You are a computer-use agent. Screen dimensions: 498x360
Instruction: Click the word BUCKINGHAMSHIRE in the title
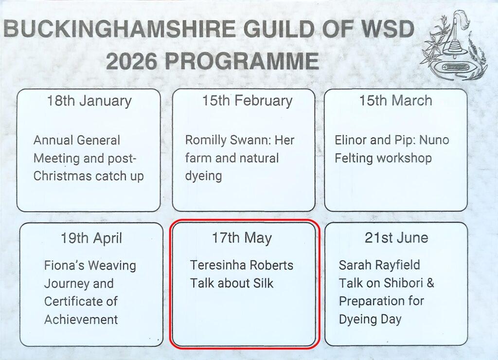[120, 29]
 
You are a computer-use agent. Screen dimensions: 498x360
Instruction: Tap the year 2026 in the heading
[131, 61]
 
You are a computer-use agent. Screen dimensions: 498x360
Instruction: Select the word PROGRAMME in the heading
[242, 61]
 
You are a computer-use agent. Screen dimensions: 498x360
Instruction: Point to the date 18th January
[89, 101]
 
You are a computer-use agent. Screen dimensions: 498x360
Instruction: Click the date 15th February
[248, 101]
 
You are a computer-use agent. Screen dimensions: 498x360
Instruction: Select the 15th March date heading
[395, 100]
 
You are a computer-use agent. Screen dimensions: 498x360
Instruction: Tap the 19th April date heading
[91, 238]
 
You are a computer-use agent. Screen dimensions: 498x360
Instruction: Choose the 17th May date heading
[242, 238]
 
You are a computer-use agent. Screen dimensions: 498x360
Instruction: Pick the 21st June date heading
[396, 238]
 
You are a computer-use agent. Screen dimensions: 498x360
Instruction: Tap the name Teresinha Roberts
[242, 265]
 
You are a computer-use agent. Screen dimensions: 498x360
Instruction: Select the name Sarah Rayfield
[379, 265]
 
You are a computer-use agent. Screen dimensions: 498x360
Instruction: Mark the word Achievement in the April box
[81, 320]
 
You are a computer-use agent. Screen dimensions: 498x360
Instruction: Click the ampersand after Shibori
[430, 283]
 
